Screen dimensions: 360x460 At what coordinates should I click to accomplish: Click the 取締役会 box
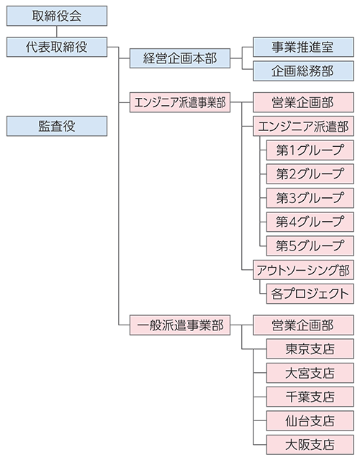(x=57, y=16)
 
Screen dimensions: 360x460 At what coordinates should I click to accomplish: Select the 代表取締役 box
(x=57, y=47)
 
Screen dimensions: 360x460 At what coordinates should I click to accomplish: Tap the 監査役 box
(x=57, y=126)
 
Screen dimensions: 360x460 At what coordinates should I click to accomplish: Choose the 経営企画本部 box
(x=180, y=58)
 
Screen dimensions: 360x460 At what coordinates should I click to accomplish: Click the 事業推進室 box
(x=303, y=47)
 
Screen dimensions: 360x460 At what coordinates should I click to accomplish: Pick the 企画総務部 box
(x=303, y=71)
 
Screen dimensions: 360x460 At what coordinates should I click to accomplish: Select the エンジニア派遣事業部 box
(x=180, y=102)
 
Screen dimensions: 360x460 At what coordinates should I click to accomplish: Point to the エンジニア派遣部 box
(x=303, y=126)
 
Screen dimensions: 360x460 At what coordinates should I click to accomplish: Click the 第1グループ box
(x=310, y=150)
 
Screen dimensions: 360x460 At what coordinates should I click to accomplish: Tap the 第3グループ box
(x=310, y=198)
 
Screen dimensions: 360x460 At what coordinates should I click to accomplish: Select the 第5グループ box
(x=310, y=246)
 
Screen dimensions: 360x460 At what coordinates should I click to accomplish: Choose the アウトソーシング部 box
(x=303, y=270)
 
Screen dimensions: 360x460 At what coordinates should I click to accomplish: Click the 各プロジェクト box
(x=310, y=294)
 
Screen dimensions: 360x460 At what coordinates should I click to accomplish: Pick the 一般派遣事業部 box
(x=180, y=325)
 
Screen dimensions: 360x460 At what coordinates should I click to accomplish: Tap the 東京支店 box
(x=310, y=349)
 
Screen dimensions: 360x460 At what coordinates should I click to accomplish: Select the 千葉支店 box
(x=310, y=397)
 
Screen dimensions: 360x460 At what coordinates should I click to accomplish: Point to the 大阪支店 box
(x=310, y=445)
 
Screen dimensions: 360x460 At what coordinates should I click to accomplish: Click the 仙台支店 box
(x=310, y=421)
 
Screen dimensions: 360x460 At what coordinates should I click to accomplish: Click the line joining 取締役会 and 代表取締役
(x=57, y=32)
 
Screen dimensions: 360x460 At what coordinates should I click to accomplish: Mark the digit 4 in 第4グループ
(x=292, y=222)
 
